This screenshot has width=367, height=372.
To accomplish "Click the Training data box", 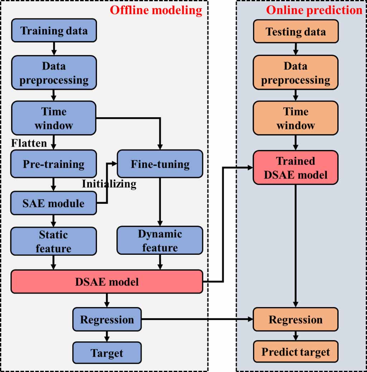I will coord(54,30).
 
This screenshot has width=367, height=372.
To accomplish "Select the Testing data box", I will coord(295,32).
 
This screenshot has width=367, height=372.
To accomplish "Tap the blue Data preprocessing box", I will coord(54,73).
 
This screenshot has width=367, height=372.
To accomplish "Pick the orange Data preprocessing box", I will coord(295,73).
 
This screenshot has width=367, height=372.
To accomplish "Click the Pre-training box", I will coord(54,164).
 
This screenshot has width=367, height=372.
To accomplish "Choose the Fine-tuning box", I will coord(160,164).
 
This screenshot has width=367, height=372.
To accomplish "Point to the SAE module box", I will coord(54,203).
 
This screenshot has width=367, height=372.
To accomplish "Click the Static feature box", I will coord(54,242).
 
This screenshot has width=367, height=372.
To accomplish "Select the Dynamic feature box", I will coord(160,241).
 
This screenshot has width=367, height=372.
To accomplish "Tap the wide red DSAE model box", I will coord(107,282).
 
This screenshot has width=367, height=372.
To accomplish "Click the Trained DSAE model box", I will coord(295,168).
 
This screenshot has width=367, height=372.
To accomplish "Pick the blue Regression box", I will coord(107,319).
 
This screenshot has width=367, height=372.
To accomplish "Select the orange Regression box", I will coord(295,319).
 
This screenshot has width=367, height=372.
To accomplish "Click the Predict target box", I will coord(295,352).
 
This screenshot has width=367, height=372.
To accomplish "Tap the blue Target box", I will coord(107,353).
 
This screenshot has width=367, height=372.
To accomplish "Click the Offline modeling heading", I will coord(156,10).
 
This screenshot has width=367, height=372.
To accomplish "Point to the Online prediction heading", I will coord(314,10).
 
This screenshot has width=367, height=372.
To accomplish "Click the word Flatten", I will coord(29,143).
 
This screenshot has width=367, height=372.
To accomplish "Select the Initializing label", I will coord(109,184).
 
